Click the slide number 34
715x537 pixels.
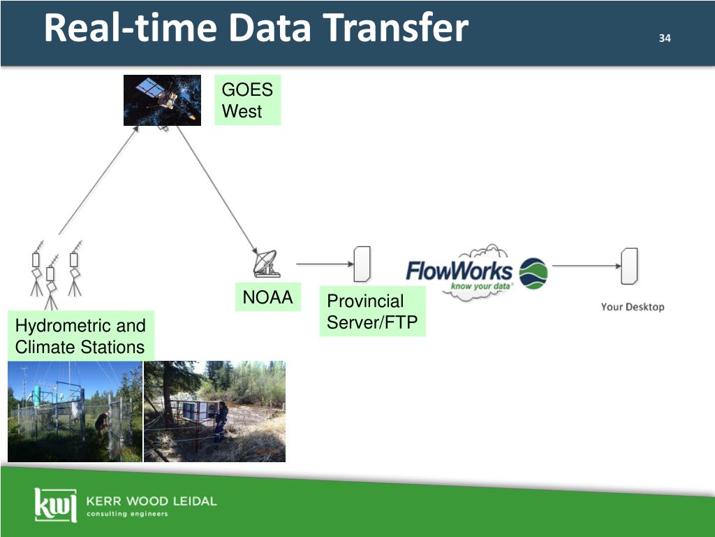click(664, 38)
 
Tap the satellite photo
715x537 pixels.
click(162, 100)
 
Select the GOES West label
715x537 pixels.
click(247, 100)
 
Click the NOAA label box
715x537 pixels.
click(267, 298)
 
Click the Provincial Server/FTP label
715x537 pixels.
click(372, 312)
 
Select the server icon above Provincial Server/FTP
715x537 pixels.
click(362, 264)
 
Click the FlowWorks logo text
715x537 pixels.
click(459, 271)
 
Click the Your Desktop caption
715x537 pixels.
click(633, 307)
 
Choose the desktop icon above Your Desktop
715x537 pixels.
click(629, 266)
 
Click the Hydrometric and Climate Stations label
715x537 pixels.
click(80, 336)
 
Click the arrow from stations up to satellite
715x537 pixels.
click(98, 180)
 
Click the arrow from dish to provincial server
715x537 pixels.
click(323, 264)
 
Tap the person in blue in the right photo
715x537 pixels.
click(221, 420)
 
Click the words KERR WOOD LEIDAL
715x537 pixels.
click(151, 501)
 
